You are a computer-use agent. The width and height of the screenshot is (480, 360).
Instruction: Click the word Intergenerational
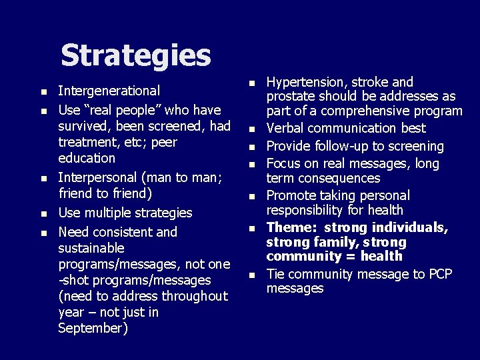109,91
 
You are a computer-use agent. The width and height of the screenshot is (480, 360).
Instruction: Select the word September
92,328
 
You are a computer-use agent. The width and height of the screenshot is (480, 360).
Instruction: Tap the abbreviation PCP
441,274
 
